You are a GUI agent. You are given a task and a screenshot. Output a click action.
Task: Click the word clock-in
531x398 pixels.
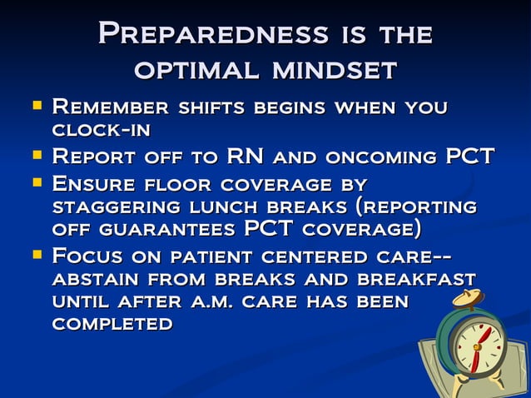click(101, 131)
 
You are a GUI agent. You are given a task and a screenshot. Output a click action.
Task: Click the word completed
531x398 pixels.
click(112, 325)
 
